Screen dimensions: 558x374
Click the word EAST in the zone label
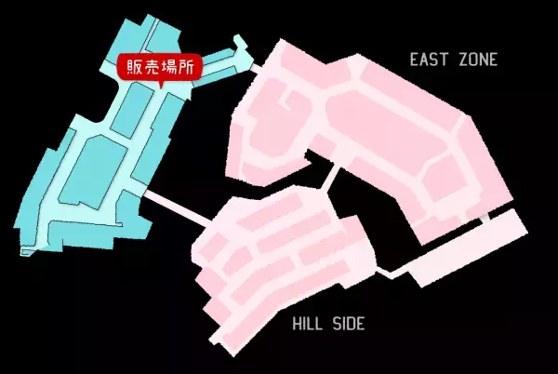[x=428, y=60]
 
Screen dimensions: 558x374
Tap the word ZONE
[x=478, y=60]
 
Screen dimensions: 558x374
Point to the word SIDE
[x=349, y=324]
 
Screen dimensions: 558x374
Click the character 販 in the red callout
[x=135, y=66]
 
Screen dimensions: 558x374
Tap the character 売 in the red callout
[x=152, y=66]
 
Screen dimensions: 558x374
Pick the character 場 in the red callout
[x=169, y=66]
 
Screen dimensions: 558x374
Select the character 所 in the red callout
[x=186, y=66]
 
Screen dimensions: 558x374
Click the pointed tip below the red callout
[x=161, y=87]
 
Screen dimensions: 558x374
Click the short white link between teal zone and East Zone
[x=255, y=67]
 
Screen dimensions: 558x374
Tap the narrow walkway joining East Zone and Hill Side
[x=330, y=177]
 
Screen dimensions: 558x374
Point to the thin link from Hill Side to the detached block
[x=391, y=272]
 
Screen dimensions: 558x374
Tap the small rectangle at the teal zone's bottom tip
[x=28, y=252]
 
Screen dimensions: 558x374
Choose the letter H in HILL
[x=297, y=324]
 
